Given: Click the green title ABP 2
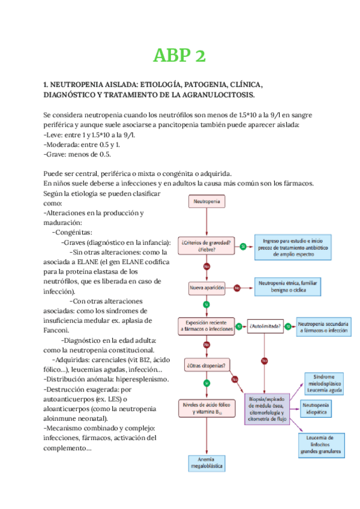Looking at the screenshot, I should tap(179, 56).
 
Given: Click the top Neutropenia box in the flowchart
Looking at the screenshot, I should tap(206, 202).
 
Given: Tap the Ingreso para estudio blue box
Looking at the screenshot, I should tap(292, 246).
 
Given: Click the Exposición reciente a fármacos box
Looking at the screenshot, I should tap(206, 327).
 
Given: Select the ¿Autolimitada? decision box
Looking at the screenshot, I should tap(265, 327).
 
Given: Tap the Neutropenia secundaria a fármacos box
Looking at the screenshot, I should tap(323, 327).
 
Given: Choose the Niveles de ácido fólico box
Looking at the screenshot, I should tap(206, 409).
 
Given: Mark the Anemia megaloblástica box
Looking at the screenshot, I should tap(206, 463).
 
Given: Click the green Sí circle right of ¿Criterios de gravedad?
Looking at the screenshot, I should tap(242, 246).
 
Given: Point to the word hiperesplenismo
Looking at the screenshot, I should tap(138, 379).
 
